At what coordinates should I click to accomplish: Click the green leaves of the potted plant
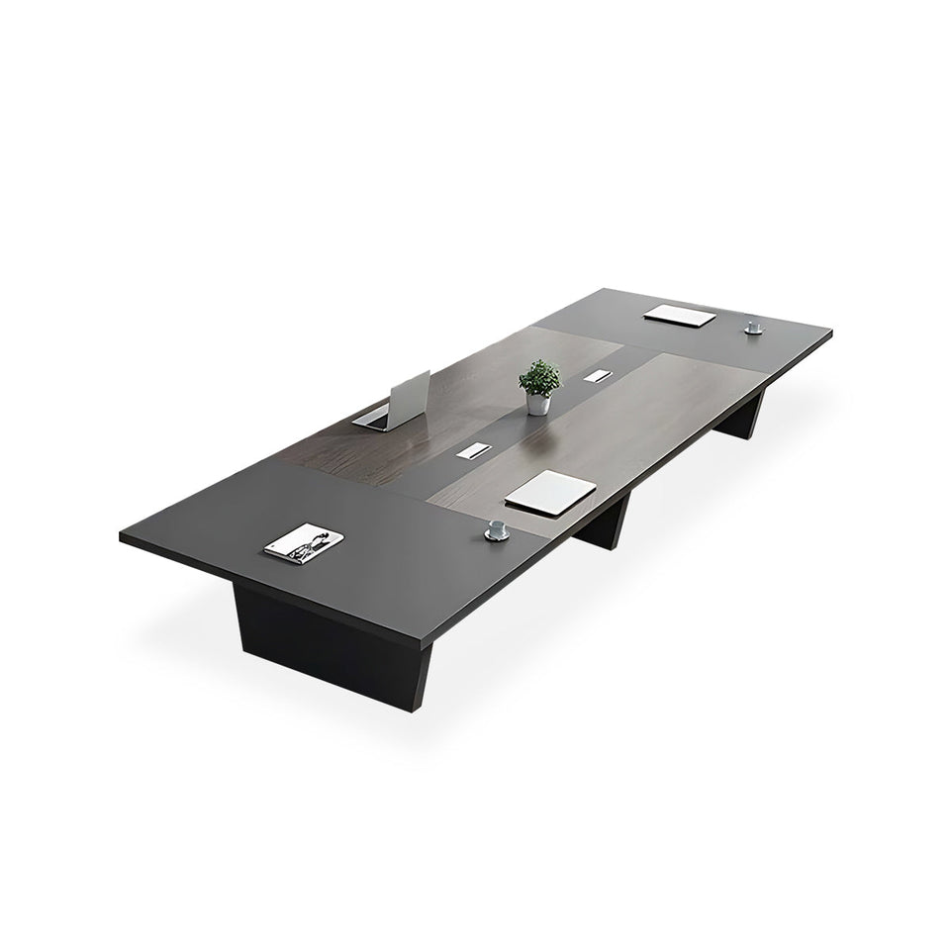[539, 377]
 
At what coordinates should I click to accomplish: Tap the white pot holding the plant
[537, 403]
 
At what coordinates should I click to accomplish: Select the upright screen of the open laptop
[410, 395]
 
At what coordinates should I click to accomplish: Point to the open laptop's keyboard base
[372, 419]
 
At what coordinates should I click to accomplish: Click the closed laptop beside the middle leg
[549, 491]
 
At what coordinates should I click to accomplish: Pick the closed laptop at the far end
[680, 316]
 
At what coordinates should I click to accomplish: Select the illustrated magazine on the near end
[305, 545]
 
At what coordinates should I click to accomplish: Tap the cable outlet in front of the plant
[471, 451]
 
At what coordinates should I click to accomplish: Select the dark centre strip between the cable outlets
[534, 421]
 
